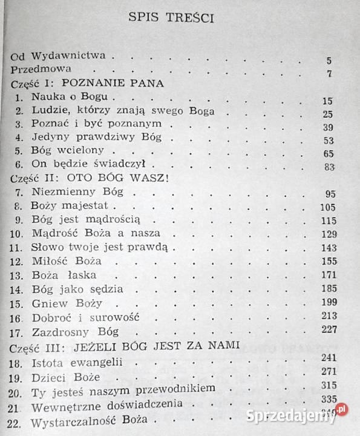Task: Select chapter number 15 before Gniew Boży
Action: click(19, 303)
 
